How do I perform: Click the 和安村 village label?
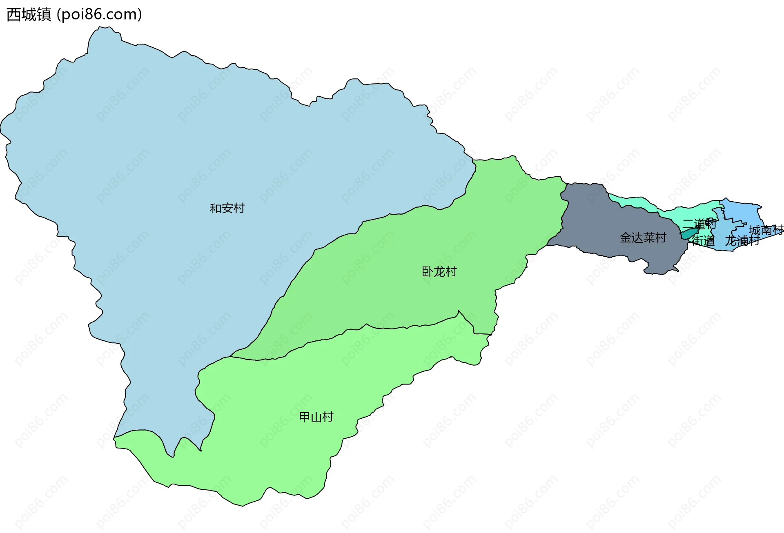coord(227,208)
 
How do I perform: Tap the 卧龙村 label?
coord(439,271)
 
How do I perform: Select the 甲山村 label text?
coord(316,417)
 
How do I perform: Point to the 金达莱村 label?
coord(643,238)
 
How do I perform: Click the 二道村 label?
coord(699,224)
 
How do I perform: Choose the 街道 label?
coord(703,241)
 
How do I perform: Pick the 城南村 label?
coord(766,230)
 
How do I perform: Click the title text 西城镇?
coord(29,15)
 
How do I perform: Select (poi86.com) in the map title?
coord(99,15)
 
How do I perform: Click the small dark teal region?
coord(688,234)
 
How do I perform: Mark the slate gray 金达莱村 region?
coord(604,229)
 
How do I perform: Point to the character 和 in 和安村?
coord(216,208)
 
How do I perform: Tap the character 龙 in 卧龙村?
coord(439,271)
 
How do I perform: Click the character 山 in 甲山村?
coord(316,417)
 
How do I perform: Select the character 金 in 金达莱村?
coord(626,238)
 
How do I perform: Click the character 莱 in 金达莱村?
coord(649,238)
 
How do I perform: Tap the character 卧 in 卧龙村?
coord(428,271)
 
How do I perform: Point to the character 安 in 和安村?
coord(227,208)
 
